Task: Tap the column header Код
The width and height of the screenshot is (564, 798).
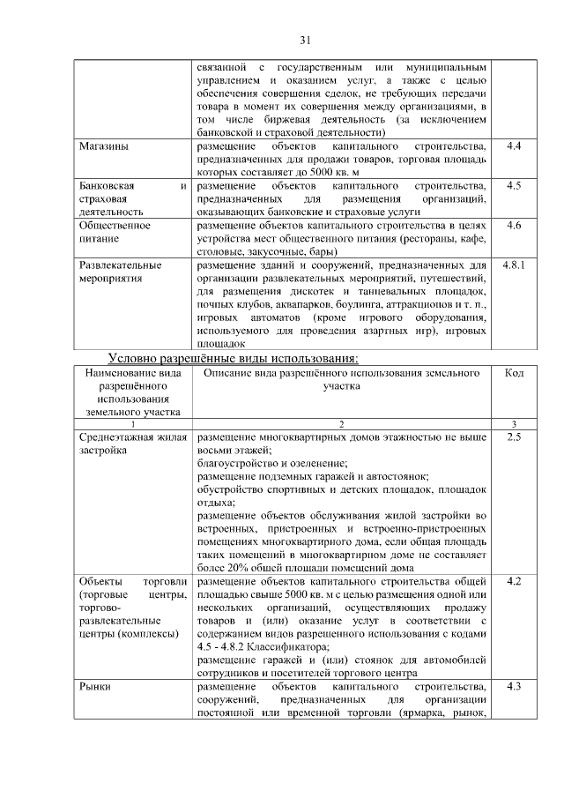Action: coord(515,374)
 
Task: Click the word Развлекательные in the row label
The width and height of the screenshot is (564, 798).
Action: coord(120,265)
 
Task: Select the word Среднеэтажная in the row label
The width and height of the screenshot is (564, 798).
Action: coord(120,437)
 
